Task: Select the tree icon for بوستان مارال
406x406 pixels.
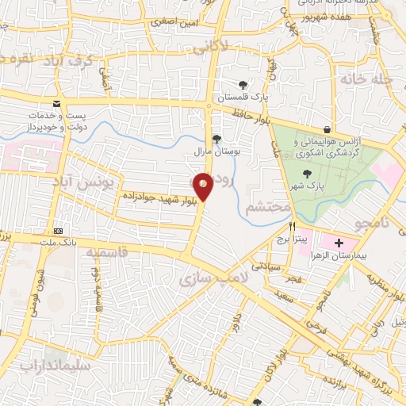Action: coord(216,139)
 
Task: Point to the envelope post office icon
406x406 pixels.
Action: coord(56,104)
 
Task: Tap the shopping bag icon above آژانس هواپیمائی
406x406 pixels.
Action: coord(327,130)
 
